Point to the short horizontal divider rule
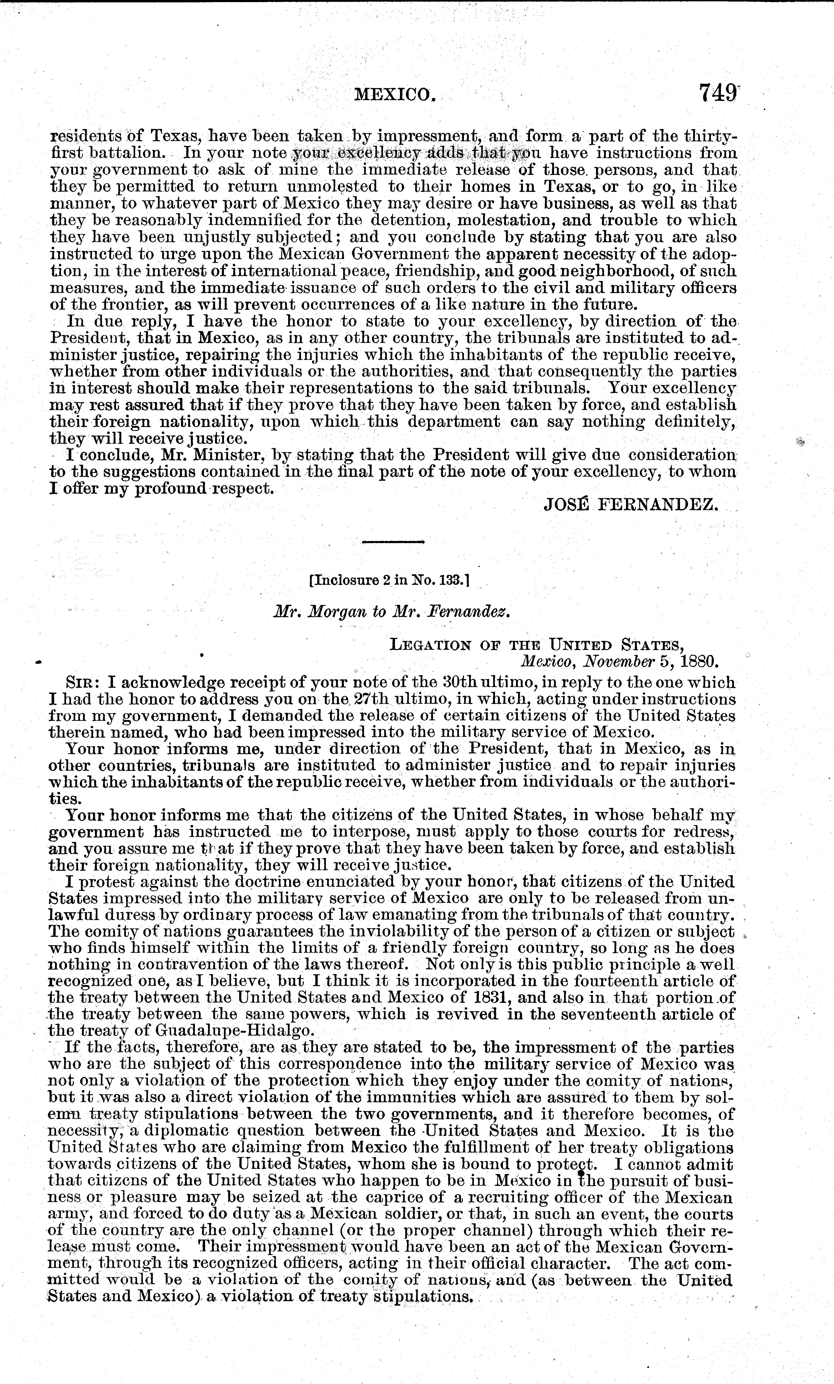[393, 542]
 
